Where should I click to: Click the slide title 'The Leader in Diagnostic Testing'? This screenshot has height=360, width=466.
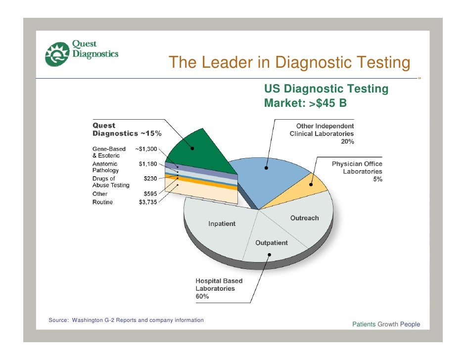[x=289, y=63]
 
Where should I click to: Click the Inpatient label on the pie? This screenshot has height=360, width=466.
[x=222, y=224]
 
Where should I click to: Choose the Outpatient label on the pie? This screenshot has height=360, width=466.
[x=271, y=243]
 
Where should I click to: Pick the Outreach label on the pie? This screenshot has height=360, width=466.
[x=304, y=218]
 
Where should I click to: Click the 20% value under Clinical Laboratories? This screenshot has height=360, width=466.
[x=347, y=141]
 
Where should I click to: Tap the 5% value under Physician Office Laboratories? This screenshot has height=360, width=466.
[x=377, y=180]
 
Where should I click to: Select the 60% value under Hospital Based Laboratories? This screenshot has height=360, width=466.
[x=202, y=297]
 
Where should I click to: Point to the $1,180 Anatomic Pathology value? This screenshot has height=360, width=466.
[x=148, y=164]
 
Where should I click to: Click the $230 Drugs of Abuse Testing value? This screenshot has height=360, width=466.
[x=150, y=179]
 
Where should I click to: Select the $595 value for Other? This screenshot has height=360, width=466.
[x=150, y=194]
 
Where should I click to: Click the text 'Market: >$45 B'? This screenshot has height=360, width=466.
[x=305, y=104]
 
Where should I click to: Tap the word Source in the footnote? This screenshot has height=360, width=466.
[x=58, y=320]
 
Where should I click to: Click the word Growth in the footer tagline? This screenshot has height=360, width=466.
[x=387, y=324]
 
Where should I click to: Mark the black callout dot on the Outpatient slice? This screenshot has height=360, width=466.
[x=270, y=255]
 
